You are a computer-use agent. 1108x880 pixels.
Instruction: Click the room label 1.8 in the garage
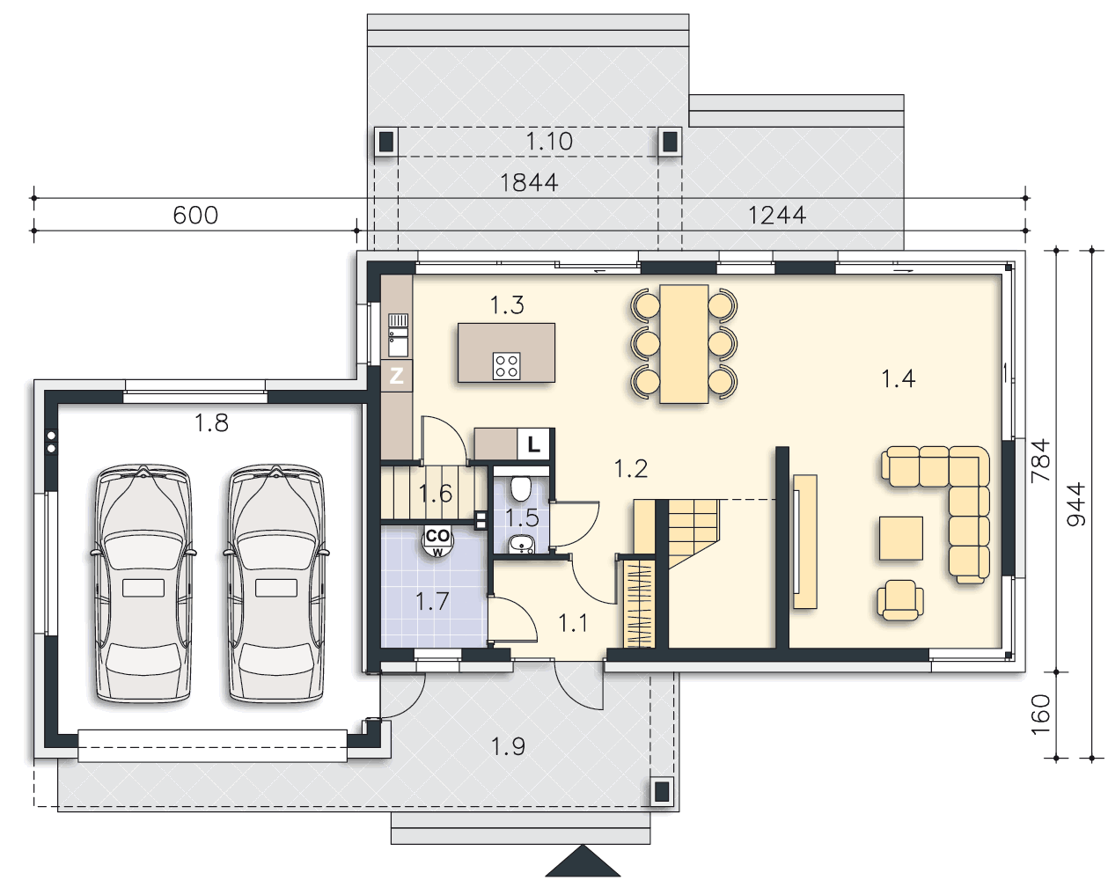click(x=211, y=422)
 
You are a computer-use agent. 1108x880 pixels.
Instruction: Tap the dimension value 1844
click(x=529, y=183)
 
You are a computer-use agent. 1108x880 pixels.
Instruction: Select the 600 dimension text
click(x=195, y=216)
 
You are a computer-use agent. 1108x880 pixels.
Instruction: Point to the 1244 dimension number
click(x=776, y=216)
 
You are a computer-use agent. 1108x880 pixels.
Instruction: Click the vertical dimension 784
click(x=1040, y=460)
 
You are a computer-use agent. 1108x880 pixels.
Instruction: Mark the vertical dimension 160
click(x=1040, y=715)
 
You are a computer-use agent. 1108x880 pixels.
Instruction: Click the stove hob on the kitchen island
click(x=506, y=365)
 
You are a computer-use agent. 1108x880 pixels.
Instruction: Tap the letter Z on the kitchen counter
click(x=396, y=377)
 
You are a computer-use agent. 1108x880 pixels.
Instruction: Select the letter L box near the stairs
click(x=533, y=444)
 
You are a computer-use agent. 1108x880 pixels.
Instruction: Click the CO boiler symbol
click(x=437, y=540)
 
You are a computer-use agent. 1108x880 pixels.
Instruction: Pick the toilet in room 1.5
click(x=521, y=488)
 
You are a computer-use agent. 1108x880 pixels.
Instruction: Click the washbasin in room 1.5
click(x=522, y=544)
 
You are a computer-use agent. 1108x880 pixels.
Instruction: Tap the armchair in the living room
click(x=900, y=599)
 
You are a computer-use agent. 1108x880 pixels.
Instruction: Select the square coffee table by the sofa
click(x=900, y=538)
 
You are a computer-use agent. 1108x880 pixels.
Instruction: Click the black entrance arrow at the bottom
click(x=583, y=861)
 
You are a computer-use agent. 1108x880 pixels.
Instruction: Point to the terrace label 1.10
click(x=549, y=141)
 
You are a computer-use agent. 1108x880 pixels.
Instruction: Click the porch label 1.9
click(x=508, y=746)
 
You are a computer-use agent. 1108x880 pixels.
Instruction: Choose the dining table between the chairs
click(x=684, y=343)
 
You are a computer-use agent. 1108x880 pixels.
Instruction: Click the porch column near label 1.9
click(x=661, y=791)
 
